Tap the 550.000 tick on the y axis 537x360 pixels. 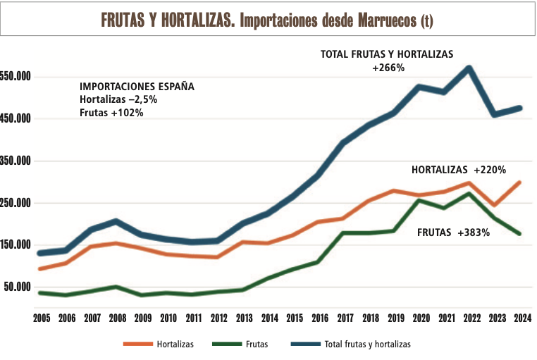pos(16,76)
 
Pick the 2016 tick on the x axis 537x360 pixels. pos(319,318)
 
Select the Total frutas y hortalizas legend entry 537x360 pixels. pos(366,345)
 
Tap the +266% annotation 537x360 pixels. pos(388,68)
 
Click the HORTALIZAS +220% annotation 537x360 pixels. pos(459,170)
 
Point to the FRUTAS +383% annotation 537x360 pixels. pos(453,232)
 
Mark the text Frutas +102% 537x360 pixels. pos(111,112)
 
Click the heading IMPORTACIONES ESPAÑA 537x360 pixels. pos(137,87)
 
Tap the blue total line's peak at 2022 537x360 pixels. pos(469,68)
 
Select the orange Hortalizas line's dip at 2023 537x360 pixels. pos(495,205)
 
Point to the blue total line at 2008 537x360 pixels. pos(117,222)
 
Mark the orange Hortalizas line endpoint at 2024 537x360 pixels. pos(519,182)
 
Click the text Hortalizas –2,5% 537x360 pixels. pos(118,99)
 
